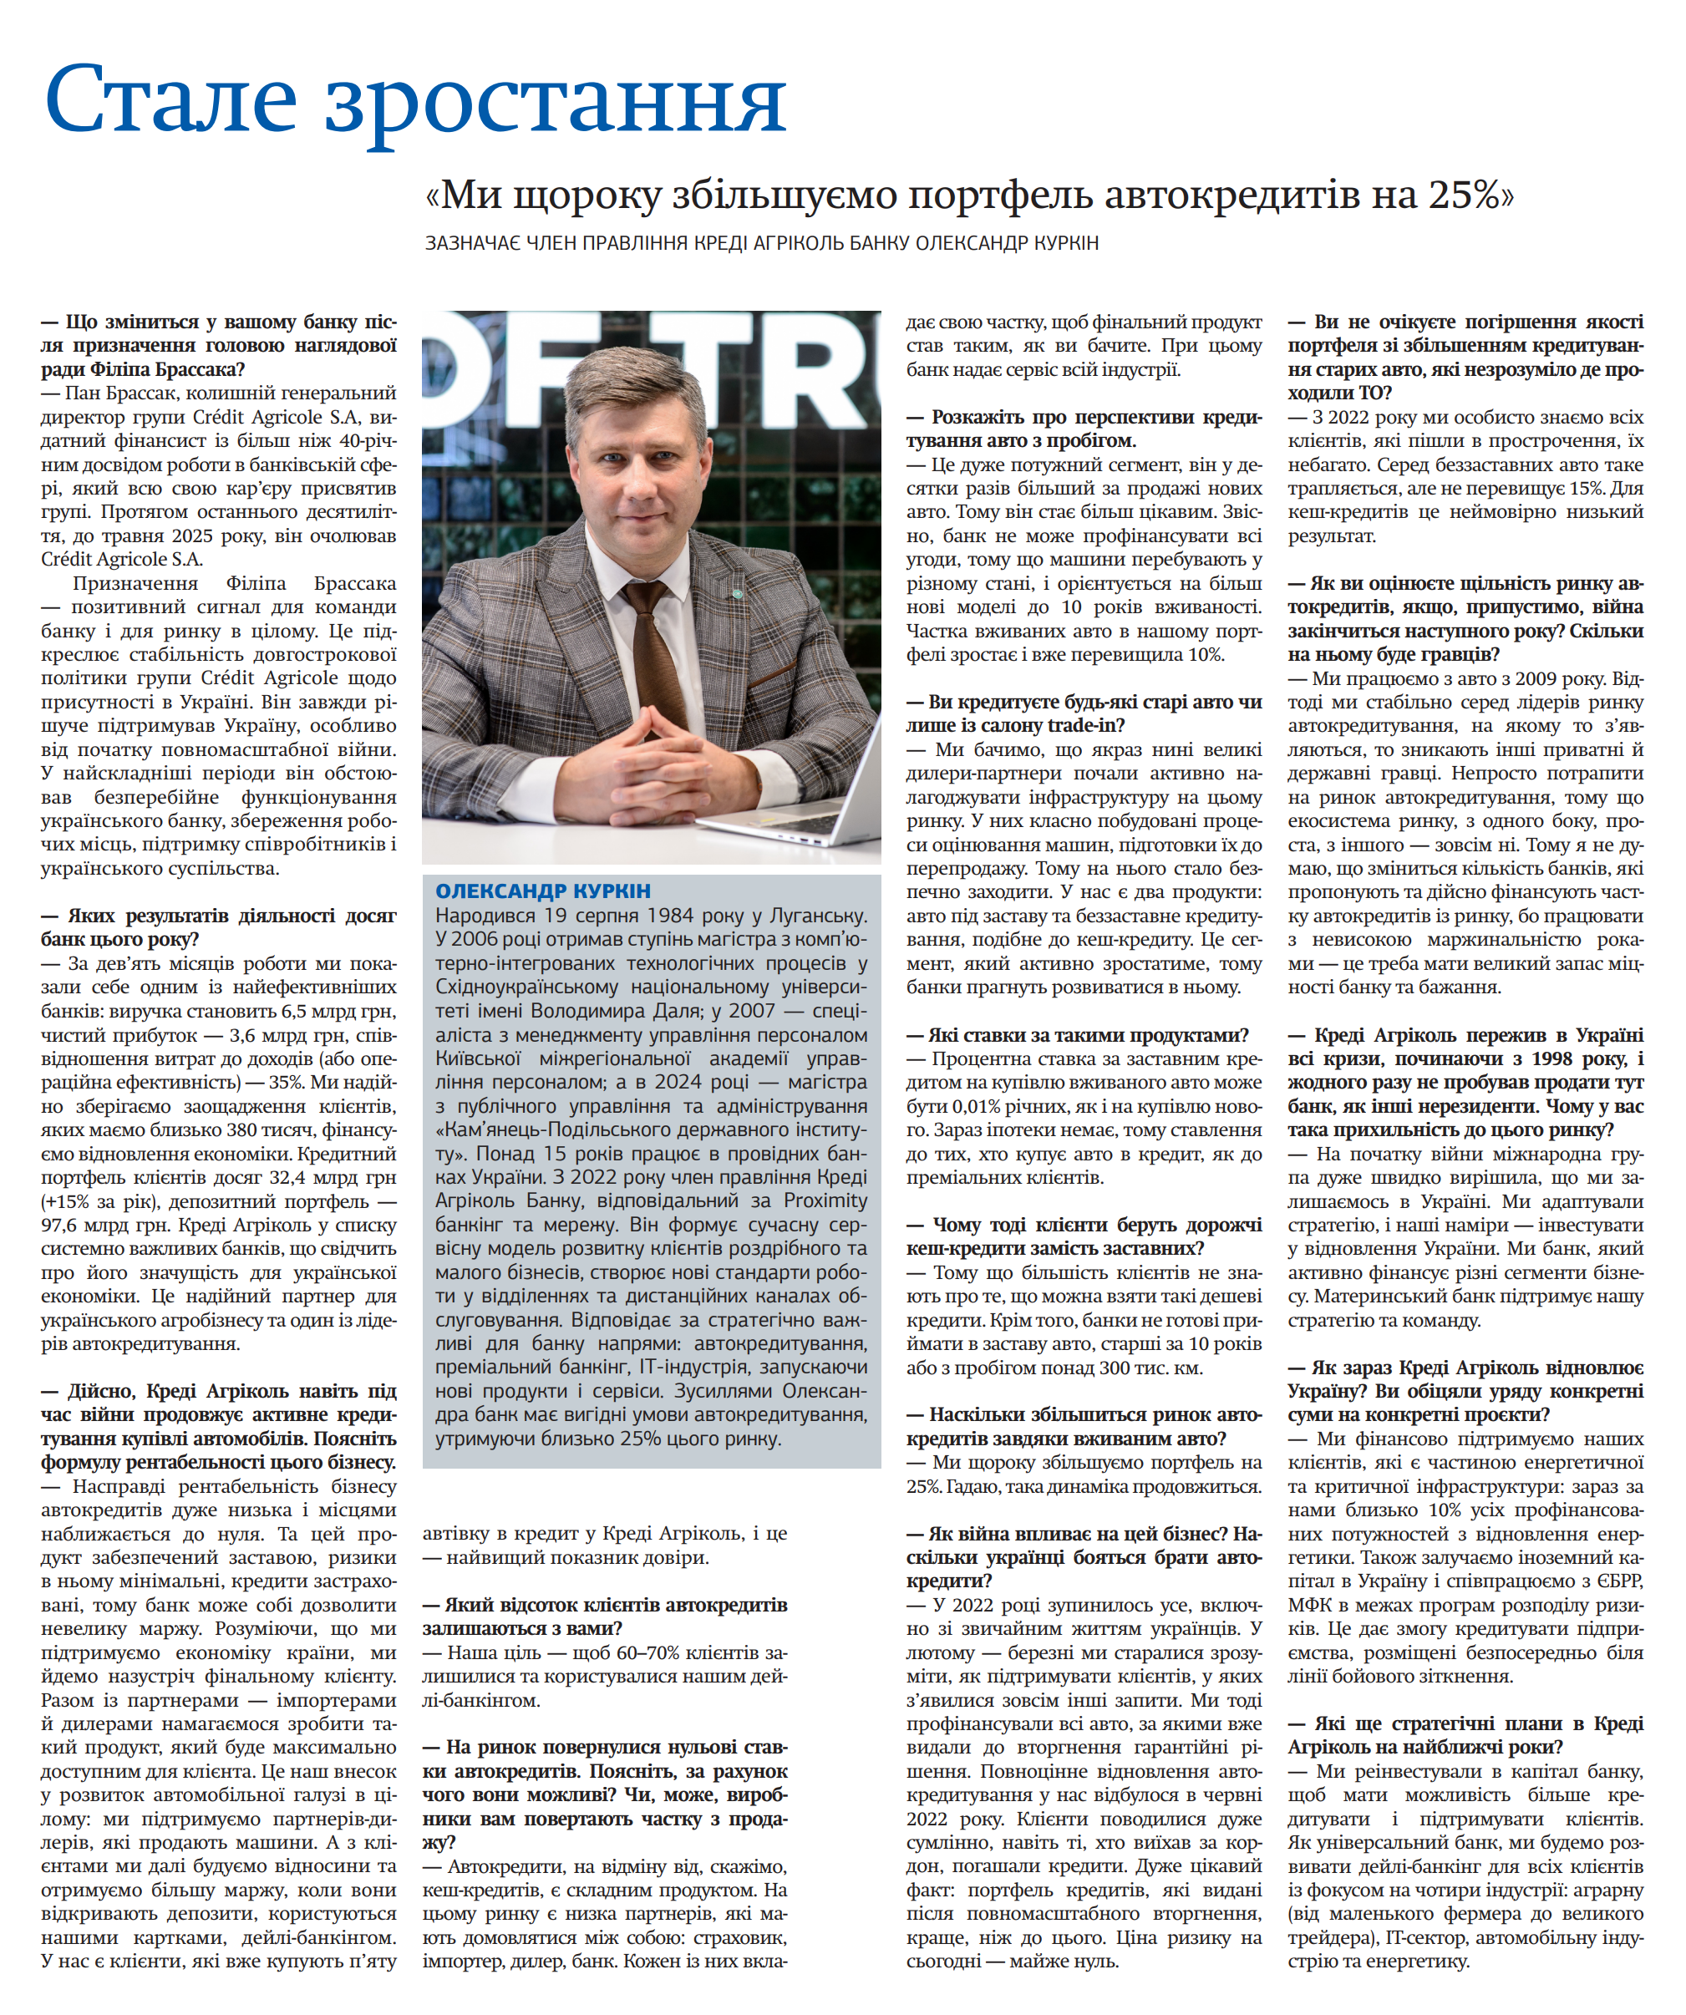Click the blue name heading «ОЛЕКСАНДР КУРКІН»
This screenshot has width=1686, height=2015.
(542, 891)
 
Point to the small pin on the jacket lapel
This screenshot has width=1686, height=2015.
(738, 594)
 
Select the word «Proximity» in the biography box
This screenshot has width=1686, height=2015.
(825, 1201)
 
